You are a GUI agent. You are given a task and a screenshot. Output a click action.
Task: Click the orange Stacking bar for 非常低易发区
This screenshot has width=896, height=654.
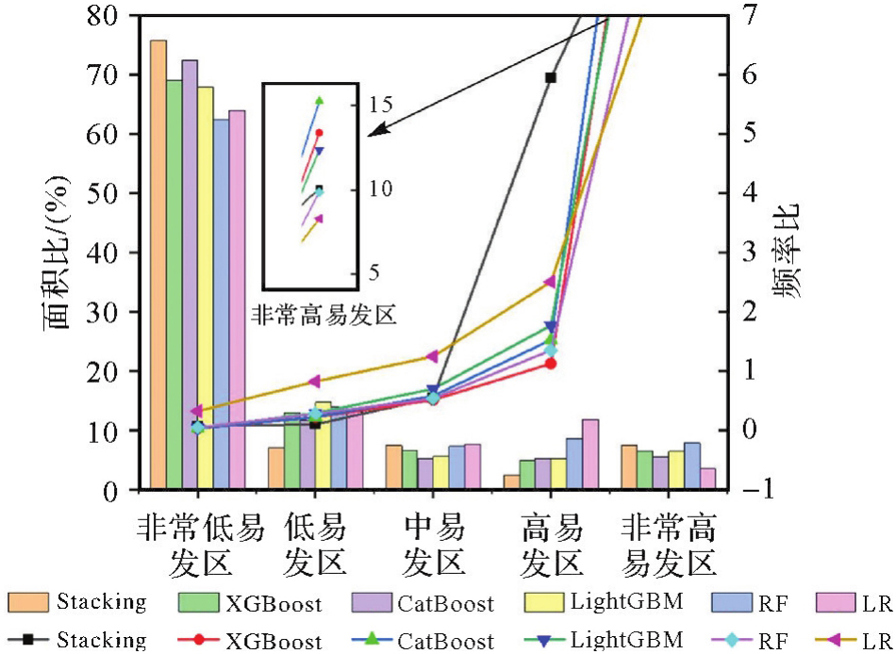(x=158, y=264)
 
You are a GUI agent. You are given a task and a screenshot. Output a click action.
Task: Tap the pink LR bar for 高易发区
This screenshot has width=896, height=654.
(x=589, y=454)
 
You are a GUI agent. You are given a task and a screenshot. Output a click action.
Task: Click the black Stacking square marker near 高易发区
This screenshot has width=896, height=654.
(x=551, y=77)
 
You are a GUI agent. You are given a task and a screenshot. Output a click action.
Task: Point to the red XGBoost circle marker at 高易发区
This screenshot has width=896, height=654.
(x=551, y=363)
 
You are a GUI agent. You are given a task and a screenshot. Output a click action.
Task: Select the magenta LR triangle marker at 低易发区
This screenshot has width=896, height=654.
(x=314, y=382)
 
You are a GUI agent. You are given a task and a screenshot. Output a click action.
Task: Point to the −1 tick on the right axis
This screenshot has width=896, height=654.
(x=743, y=489)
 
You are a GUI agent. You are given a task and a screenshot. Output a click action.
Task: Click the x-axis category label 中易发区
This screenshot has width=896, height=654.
(x=433, y=546)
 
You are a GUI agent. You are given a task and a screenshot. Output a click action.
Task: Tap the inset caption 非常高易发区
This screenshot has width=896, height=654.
(x=322, y=315)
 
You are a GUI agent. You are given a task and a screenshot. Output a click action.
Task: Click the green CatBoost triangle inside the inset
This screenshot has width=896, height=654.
(x=319, y=100)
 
